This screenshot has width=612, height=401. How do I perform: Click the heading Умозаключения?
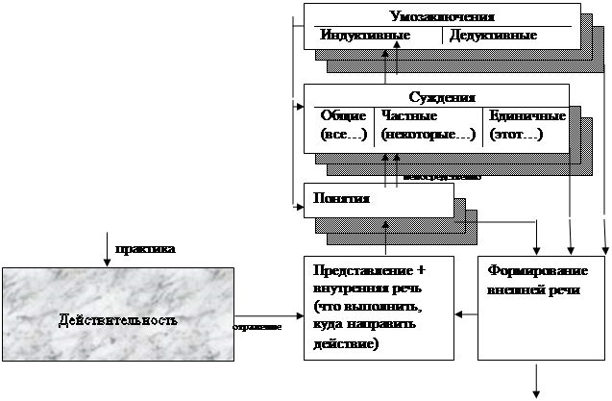(443, 17)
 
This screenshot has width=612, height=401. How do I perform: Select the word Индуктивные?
(366, 36)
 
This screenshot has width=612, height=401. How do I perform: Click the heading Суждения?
(443, 98)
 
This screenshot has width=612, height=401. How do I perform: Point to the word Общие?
(343, 115)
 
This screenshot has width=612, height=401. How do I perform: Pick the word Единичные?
(527, 115)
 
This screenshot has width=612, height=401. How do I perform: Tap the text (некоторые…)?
(428, 135)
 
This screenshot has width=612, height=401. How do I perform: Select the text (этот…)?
(516, 135)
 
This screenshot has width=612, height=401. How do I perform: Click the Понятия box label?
(337, 197)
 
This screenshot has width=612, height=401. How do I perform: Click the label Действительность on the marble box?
(117, 319)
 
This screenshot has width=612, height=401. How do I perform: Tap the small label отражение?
(257, 328)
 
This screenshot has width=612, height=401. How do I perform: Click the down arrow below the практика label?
(107, 256)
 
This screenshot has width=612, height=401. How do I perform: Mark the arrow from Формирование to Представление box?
(466, 313)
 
